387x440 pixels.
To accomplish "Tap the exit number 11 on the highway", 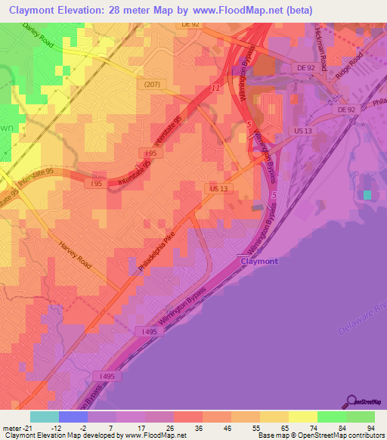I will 215,88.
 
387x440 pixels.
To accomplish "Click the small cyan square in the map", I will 367,195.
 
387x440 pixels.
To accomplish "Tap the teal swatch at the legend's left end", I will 45,416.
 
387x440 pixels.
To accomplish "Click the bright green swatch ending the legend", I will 361,416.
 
